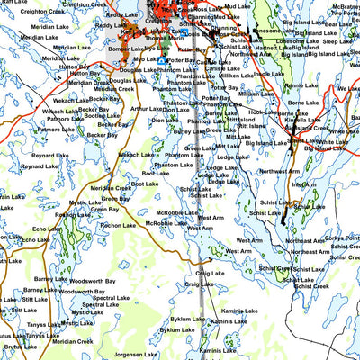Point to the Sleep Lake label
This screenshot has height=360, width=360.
click(337, 41)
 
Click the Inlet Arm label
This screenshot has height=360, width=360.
click(303, 184)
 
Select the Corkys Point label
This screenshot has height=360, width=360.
click(341, 236)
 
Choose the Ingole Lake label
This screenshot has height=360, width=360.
click(268, 75)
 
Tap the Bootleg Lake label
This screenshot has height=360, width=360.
click(102, 115)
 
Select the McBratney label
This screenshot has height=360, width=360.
click(346, 6)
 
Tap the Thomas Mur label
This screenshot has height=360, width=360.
click(165, 39)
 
